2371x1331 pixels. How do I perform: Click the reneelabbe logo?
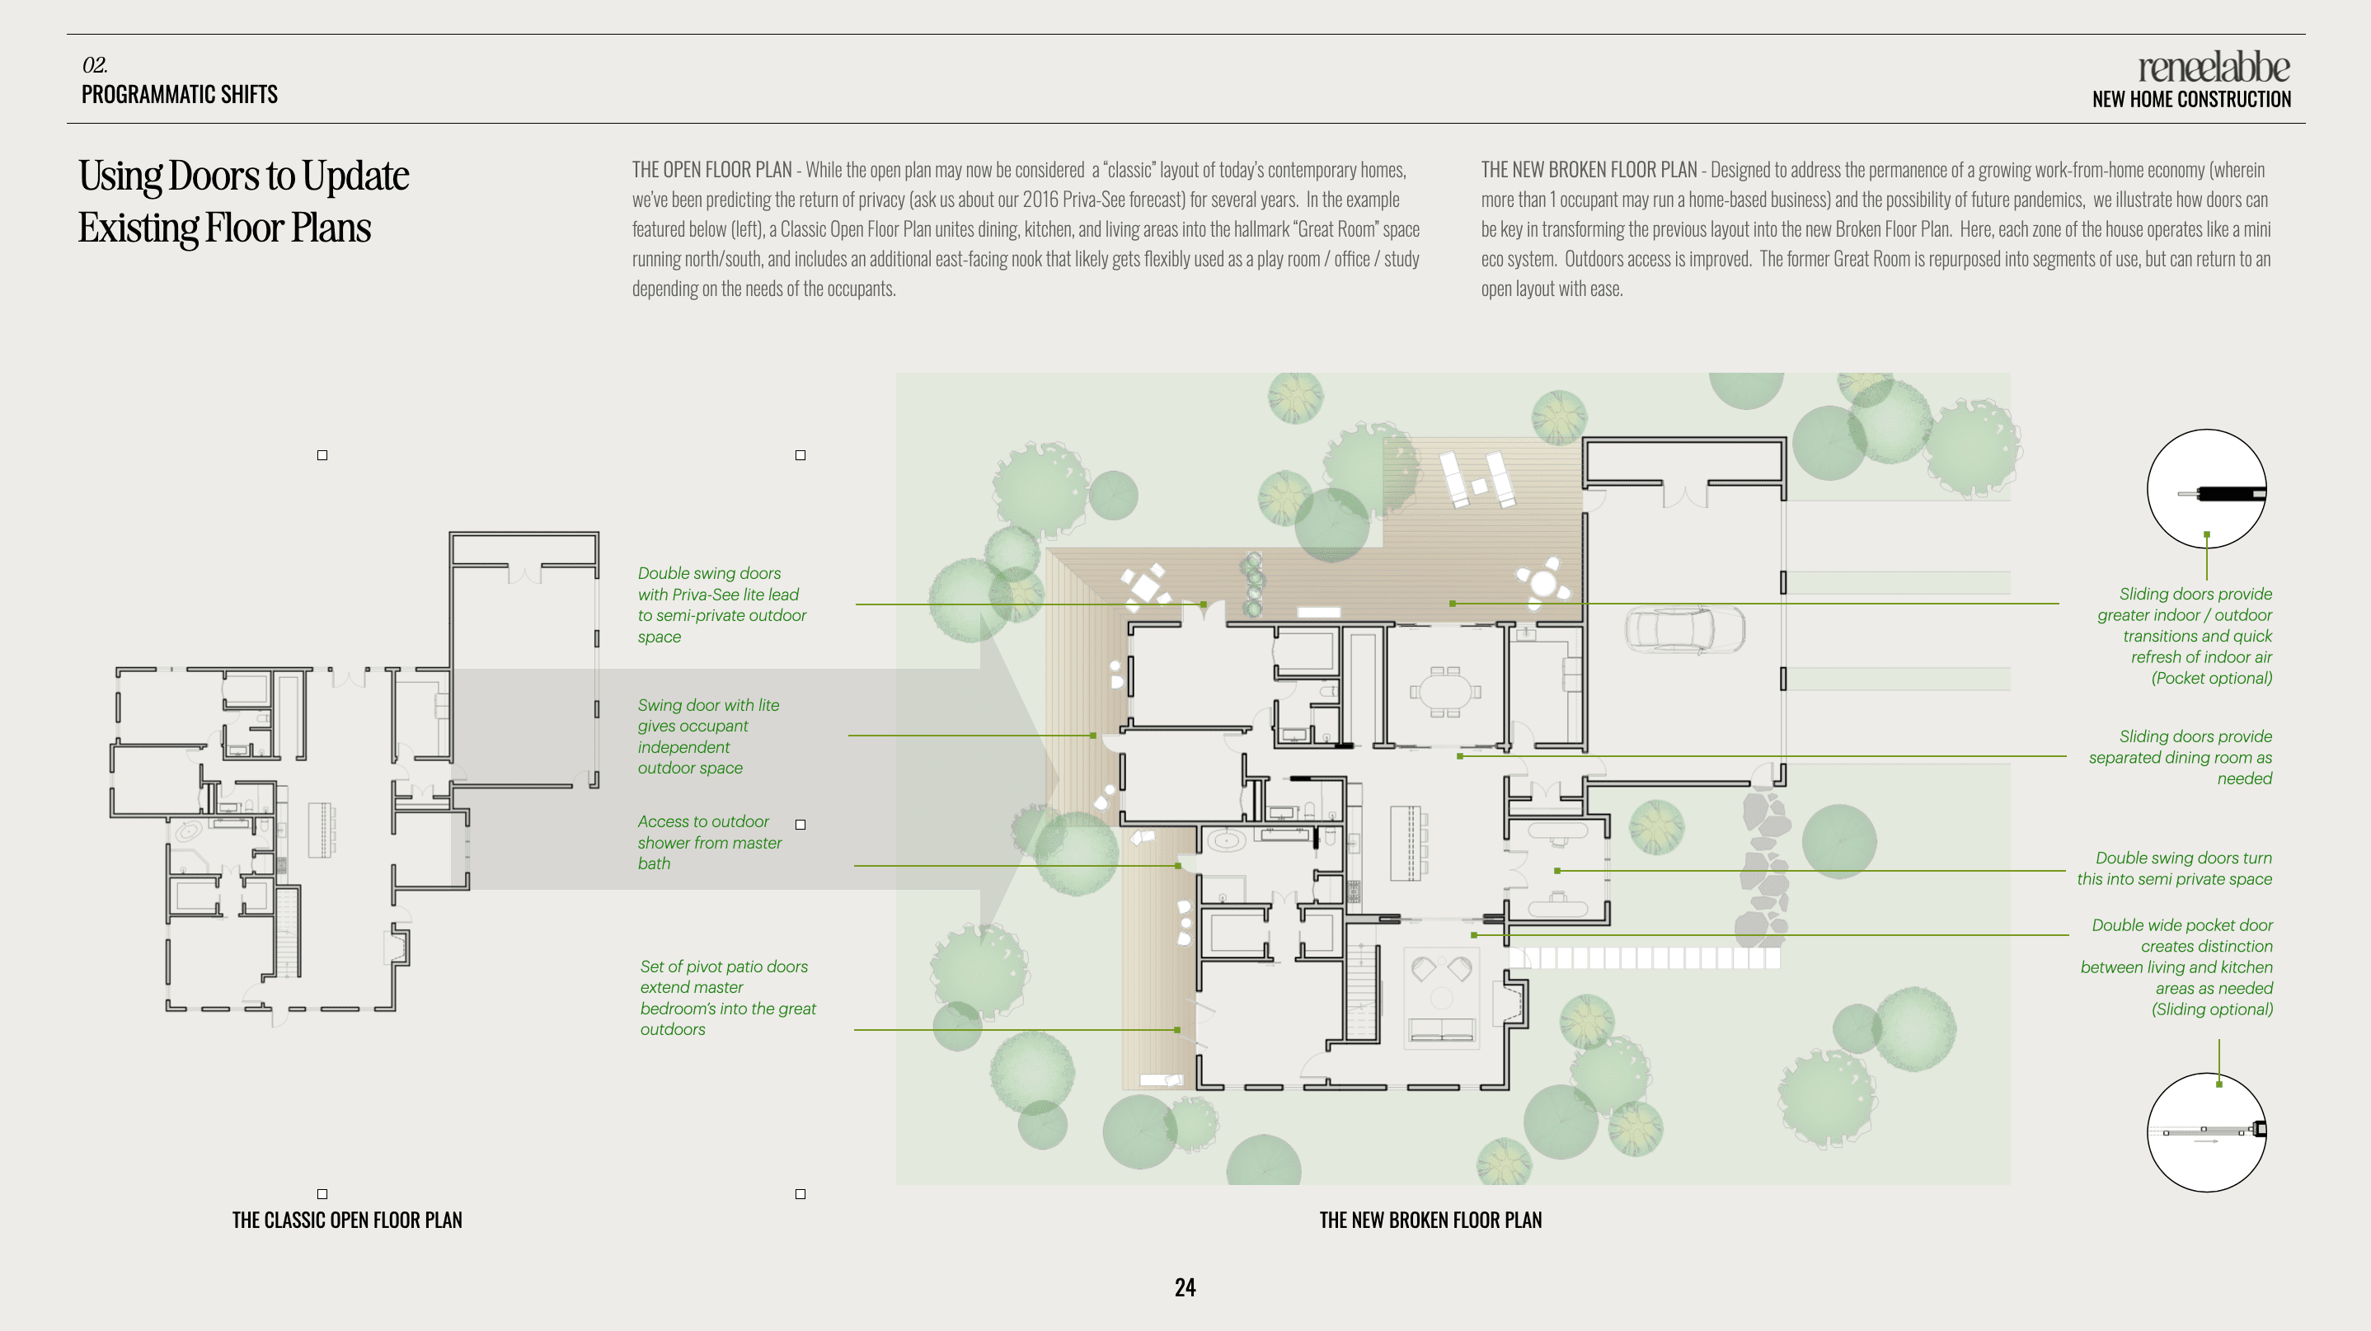pyautogui.click(x=2214, y=67)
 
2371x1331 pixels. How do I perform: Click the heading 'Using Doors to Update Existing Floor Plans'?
pyautogui.click(x=243, y=201)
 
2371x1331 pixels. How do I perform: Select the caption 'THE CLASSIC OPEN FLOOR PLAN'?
pyautogui.click(x=347, y=1220)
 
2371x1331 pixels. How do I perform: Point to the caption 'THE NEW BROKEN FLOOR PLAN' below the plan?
pyautogui.click(x=1430, y=1220)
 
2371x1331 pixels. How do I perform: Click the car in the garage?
pyautogui.click(x=1685, y=629)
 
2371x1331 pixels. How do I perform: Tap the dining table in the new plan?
pyautogui.click(x=1445, y=690)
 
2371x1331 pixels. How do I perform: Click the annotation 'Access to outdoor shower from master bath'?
pyautogui.click(x=710, y=842)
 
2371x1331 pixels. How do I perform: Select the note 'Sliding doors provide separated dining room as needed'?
pyautogui.click(x=2181, y=758)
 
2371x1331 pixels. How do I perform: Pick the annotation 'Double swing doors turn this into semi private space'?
pyautogui.click(x=2174, y=868)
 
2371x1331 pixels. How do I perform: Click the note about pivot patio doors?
pyautogui.click(x=728, y=998)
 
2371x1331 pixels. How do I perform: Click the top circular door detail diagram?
pyautogui.click(x=2206, y=489)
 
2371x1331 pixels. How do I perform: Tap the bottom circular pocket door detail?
pyautogui.click(x=2206, y=1132)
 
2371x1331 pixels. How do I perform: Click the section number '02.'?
pyautogui.click(x=95, y=64)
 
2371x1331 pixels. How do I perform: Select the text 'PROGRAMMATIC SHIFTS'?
pyautogui.click(x=180, y=94)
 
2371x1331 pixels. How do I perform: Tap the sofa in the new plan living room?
pyautogui.click(x=1441, y=1030)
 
